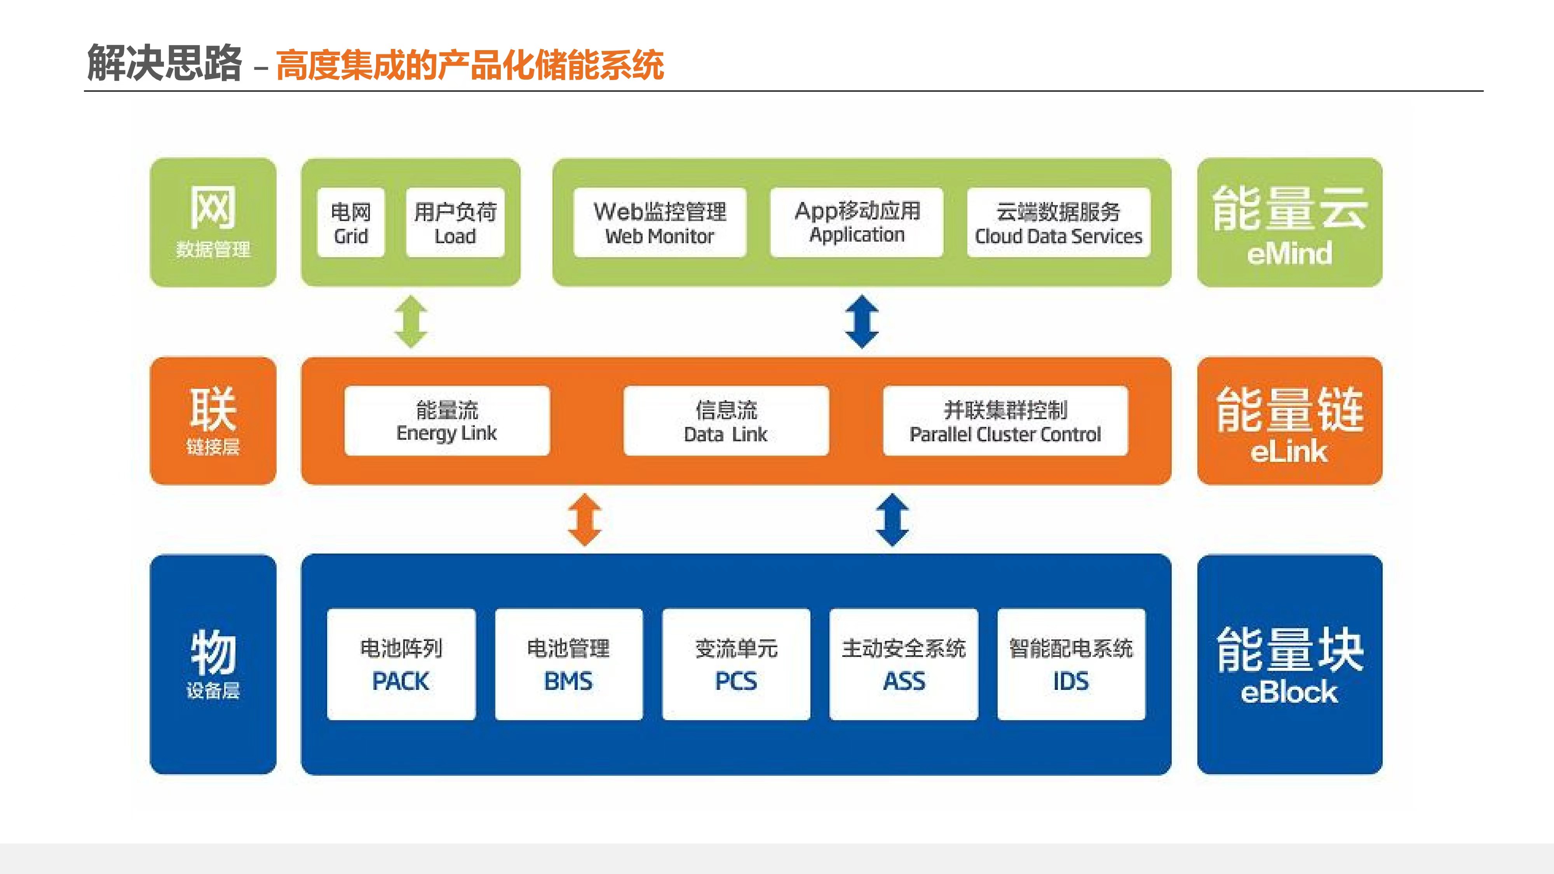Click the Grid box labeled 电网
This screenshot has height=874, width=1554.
click(x=350, y=223)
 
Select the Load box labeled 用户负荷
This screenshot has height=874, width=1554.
click(x=455, y=223)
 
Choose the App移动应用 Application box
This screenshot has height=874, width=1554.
click(x=857, y=223)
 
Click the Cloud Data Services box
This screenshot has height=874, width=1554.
click(x=1058, y=223)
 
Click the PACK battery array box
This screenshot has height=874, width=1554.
click(x=401, y=664)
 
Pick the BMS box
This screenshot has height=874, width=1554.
click(x=568, y=664)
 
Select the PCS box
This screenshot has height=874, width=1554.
click(x=736, y=664)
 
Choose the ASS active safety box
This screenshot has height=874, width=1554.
click(x=904, y=664)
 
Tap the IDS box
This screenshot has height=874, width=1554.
click(x=1071, y=664)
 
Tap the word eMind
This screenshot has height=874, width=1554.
click(x=1289, y=253)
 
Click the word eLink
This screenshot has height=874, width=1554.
click(x=1289, y=451)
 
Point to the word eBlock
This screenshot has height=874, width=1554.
click(x=1289, y=692)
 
